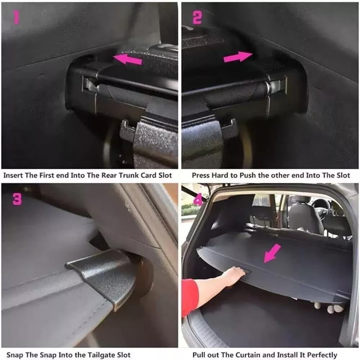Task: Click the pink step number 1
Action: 16,17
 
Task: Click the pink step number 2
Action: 197,17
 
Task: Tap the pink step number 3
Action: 17,198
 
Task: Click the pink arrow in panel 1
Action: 128,59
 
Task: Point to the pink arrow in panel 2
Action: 237,57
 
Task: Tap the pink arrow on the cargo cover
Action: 272,253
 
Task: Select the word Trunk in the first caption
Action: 118,175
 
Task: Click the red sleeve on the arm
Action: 190,297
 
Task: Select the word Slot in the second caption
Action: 342,175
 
